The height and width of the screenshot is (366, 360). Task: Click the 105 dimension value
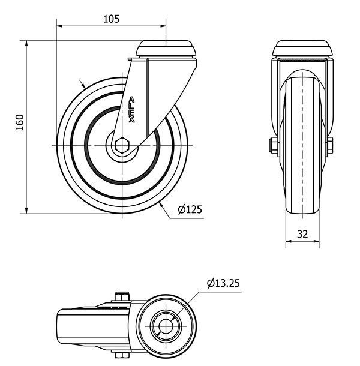point(112,19)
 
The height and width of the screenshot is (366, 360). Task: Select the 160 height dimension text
point(20,122)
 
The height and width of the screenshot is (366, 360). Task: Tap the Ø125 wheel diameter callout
point(190,209)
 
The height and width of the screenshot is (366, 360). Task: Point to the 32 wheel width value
point(302,234)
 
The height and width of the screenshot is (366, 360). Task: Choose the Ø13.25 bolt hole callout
point(223,283)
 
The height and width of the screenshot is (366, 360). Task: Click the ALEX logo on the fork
point(132,110)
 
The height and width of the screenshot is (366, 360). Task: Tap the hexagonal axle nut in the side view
point(122,145)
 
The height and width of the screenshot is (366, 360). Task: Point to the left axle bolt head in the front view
point(274,145)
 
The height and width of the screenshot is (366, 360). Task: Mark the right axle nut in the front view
point(330,145)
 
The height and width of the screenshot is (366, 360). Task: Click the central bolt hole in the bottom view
point(166,326)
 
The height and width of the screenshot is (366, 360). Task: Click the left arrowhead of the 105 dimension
point(59,26)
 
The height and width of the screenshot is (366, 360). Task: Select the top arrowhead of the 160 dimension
point(26,43)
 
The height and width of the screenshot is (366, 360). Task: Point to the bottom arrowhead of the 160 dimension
point(26,211)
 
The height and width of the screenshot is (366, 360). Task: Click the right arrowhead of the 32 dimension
point(316,241)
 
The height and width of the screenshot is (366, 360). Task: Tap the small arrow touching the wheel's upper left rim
point(82,84)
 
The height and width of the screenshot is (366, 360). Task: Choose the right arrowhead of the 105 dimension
point(163,26)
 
